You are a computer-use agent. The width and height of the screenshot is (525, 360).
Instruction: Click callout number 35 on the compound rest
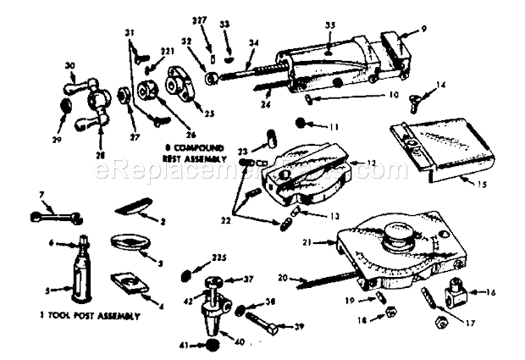tap(329, 25)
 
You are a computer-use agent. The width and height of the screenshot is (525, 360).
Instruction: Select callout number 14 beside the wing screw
tap(441, 84)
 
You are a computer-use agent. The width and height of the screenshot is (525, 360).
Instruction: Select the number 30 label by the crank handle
tap(69, 65)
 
